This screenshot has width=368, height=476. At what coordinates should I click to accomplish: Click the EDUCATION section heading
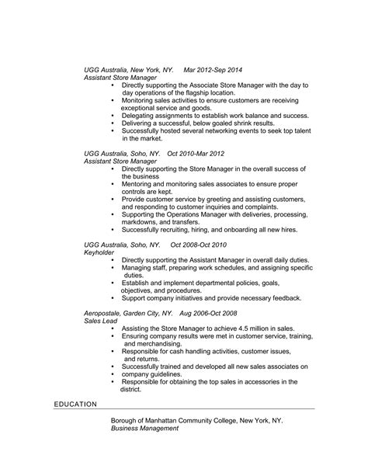pyautogui.click(x=75, y=405)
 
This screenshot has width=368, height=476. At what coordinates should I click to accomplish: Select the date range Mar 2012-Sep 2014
pyautogui.click(x=214, y=68)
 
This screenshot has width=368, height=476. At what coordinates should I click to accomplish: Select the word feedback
pyautogui.click(x=281, y=297)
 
